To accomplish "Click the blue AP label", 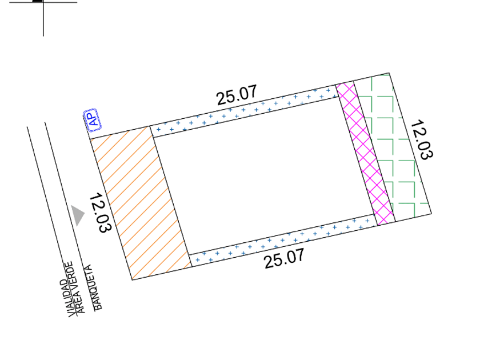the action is pyautogui.click(x=92, y=119).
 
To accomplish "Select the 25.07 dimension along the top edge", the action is pyautogui.click(x=237, y=95).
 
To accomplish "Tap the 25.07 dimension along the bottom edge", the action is pyautogui.click(x=285, y=259).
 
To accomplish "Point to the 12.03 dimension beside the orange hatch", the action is pyautogui.click(x=101, y=213).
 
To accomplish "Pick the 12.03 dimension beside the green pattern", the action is pyautogui.click(x=421, y=139).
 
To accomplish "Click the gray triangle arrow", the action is pyautogui.click(x=78, y=215).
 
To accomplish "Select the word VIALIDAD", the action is pyautogui.click(x=68, y=298).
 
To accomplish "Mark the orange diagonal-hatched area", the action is pyautogui.click(x=141, y=203).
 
